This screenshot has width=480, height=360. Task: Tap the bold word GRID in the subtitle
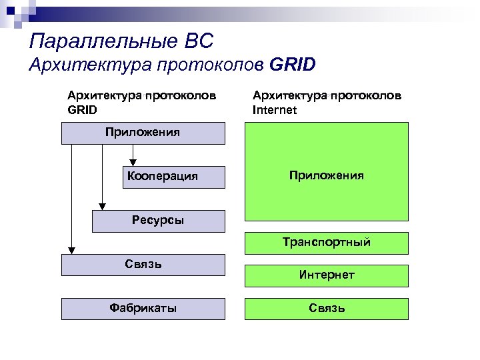point(293,65)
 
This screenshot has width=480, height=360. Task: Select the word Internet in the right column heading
point(275,110)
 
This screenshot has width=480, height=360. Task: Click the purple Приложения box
point(143,133)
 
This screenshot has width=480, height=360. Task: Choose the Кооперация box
point(162,177)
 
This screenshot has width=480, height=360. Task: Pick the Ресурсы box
point(158,221)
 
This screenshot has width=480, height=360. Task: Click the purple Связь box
point(143,265)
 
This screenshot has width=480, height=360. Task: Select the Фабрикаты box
point(143,308)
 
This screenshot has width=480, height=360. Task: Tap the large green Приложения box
point(326,176)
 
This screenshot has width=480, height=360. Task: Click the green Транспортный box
point(326,243)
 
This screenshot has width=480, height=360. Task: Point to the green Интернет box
point(326,275)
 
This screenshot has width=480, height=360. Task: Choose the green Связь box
point(326,308)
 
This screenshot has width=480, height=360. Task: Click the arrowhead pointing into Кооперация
point(133,161)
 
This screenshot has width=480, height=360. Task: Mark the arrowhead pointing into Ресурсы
point(102,206)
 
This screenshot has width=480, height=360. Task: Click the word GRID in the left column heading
point(83,110)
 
